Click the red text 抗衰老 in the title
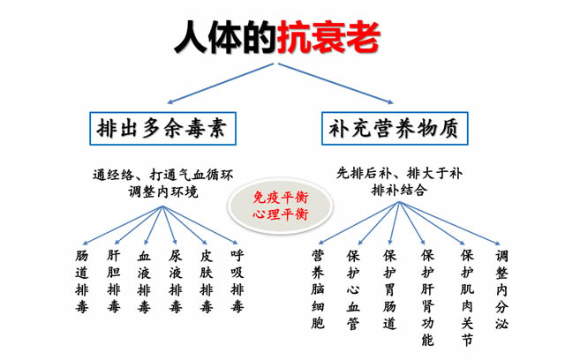[328, 37]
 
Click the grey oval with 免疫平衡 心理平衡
[281, 206]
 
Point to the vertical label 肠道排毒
[82, 281]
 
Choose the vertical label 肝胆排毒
[114, 281]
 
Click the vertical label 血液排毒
[144, 281]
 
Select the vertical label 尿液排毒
[176, 281]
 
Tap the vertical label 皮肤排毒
[207, 281]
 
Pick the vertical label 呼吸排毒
[237, 281]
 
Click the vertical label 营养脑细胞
[318, 289]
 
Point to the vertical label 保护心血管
[353, 289]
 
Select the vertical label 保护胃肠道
[389, 289]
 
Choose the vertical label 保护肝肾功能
[427, 298]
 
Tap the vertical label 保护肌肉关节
[467, 298]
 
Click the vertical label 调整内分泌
[501, 289]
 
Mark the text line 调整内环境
[163, 191]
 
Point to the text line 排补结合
[399, 190]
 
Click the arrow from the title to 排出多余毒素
[221, 84]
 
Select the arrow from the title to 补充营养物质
[335, 84]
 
